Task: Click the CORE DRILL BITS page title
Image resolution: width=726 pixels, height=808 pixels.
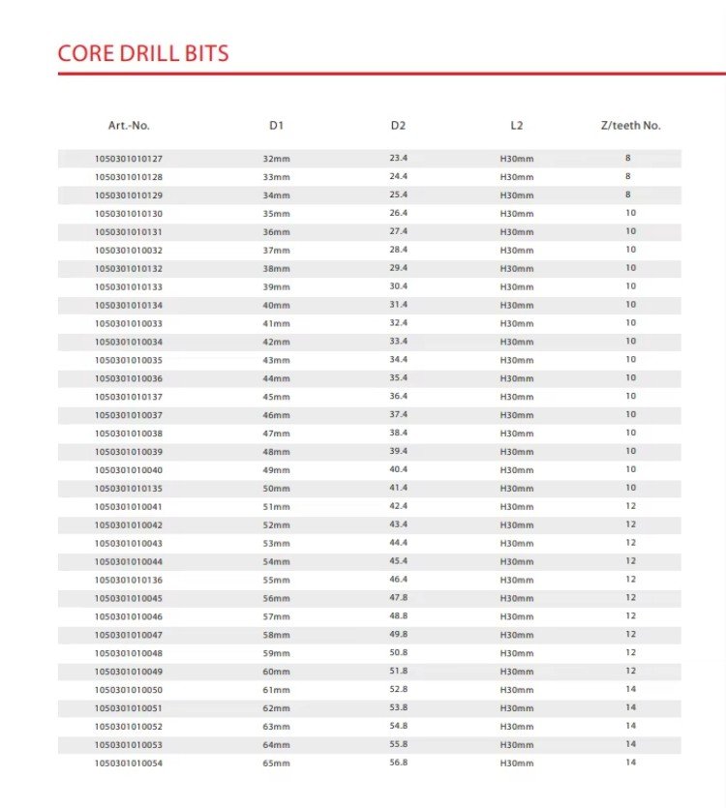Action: point(143,52)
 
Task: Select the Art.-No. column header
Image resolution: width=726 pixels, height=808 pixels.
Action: point(129,126)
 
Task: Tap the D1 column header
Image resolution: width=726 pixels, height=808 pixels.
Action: point(276,126)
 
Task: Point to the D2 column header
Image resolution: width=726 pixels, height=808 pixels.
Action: point(398,126)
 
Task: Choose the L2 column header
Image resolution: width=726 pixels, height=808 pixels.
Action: point(516,126)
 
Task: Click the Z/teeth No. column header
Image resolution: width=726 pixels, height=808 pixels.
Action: point(630,126)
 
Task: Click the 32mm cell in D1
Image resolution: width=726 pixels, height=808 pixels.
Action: point(276,158)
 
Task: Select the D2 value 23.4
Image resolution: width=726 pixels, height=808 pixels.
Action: point(398,158)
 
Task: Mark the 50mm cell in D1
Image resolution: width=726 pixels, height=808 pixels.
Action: point(276,489)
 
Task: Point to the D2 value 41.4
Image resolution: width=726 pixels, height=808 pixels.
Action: point(398,488)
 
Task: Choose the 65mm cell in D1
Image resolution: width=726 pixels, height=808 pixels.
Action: point(276,763)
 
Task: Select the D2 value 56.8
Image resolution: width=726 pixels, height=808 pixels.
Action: point(398,763)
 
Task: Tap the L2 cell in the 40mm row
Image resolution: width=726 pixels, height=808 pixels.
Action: point(516,306)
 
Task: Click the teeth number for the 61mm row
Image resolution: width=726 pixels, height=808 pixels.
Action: point(630,689)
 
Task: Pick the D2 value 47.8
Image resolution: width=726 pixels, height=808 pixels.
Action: point(398,598)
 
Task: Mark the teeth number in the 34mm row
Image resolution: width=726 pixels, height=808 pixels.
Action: point(627,195)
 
